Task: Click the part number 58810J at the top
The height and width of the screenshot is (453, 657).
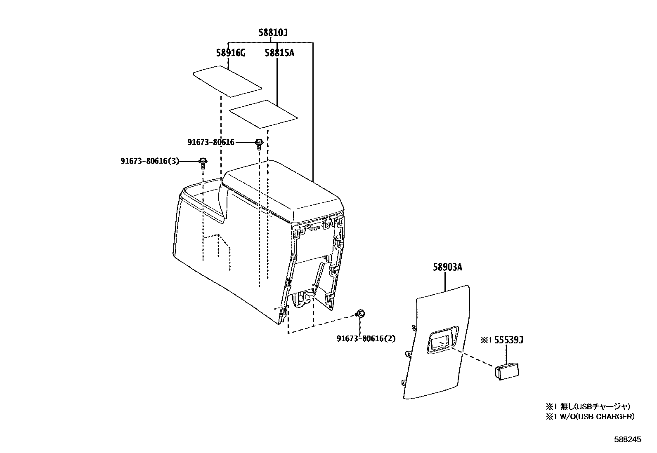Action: click(273, 33)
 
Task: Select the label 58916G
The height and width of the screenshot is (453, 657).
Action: click(230, 53)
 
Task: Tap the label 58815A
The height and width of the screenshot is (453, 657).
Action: click(279, 53)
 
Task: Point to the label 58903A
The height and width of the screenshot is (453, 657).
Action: click(447, 267)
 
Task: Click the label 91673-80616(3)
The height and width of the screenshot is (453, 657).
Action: click(150, 161)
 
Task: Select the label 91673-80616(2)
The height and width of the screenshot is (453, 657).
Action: click(366, 339)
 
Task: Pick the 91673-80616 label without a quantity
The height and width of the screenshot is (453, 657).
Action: click(211, 142)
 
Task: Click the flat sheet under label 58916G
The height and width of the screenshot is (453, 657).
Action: click(227, 81)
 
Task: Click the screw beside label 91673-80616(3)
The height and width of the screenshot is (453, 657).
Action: click(203, 162)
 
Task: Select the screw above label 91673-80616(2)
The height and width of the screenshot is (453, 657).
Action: click(359, 314)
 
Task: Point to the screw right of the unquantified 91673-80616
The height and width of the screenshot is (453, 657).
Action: click(259, 144)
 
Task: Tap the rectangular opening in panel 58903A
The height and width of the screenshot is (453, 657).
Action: click(441, 341)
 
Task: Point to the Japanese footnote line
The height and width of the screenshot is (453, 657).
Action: click(588, 406)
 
